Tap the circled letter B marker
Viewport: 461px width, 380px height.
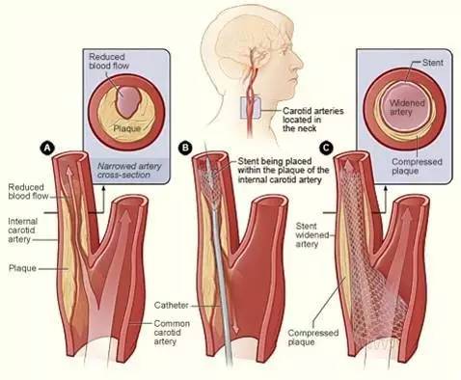[x=186, y=148]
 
